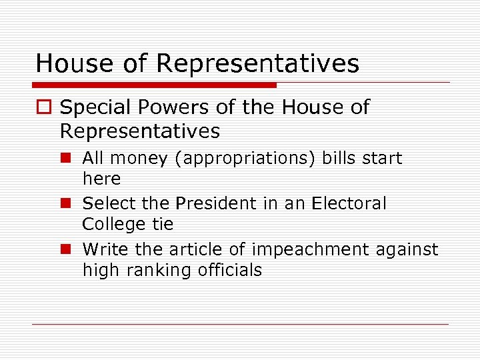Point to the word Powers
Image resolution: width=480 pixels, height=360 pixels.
click(x=173, y=107)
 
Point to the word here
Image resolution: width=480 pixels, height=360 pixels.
click(x=101, y=179)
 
